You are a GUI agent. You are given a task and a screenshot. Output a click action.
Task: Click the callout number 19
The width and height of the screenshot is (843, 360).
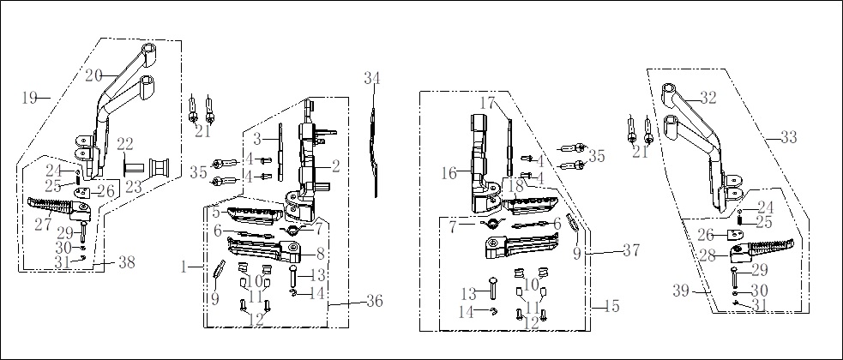[29, 98]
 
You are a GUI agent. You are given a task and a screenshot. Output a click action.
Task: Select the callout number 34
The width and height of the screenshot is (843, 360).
[372, 78]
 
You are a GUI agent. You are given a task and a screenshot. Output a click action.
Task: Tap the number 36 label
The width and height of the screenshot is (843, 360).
[374, 302]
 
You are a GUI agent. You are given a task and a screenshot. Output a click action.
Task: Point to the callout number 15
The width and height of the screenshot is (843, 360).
[611, 306]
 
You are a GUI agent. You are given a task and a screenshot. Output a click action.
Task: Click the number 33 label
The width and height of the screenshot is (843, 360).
[789, 137]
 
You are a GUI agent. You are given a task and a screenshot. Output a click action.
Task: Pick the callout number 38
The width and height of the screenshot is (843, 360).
[126, 263]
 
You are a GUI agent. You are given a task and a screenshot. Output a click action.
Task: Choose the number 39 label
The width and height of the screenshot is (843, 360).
[682, 291]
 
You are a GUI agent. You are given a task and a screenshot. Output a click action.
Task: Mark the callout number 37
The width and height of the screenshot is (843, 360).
[631, 250]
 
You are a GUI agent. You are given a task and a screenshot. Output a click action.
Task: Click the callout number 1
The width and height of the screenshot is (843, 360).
[184, 267]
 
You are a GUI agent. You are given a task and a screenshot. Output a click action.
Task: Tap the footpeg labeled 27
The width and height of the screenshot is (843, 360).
[60, 208]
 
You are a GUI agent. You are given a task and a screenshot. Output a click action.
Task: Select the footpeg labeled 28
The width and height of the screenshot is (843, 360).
[762, 250]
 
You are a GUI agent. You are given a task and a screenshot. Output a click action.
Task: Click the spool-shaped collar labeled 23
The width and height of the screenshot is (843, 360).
[160, 168]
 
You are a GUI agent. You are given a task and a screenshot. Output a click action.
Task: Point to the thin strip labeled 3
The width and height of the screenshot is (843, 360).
[280, 153]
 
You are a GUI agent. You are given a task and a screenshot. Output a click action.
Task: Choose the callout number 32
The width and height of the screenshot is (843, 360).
[708, 98]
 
